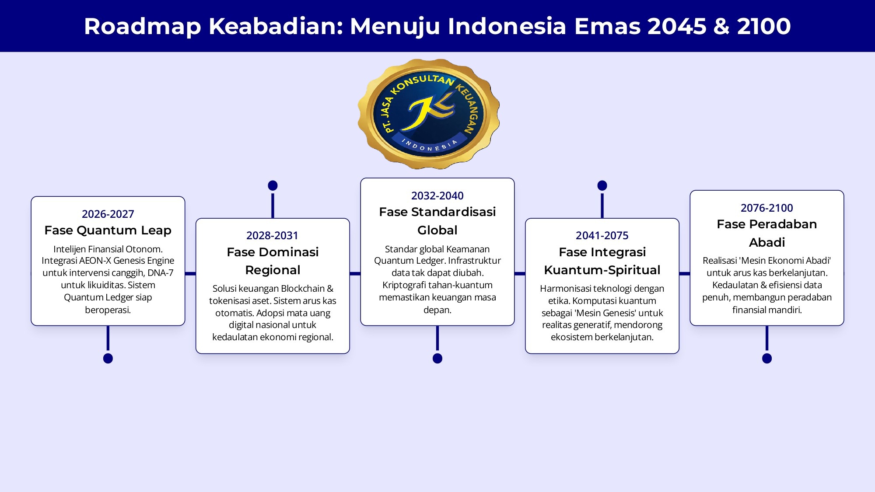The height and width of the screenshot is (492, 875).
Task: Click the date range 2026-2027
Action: coord(108,214)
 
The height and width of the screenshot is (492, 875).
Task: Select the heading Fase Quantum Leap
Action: coord(108,230)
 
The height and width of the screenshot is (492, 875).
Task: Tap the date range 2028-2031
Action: coord(272,236)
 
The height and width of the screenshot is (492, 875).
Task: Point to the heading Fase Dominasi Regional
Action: coord(273,261)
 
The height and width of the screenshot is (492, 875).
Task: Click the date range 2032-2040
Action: coord(437,195)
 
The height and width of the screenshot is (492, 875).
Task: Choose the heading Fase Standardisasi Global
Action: coord(437,221)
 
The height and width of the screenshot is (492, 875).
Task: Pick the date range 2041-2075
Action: coord(602,236)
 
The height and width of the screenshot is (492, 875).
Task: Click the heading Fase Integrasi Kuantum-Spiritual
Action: coord(602,261)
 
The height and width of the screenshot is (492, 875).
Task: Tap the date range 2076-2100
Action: coord(767,208)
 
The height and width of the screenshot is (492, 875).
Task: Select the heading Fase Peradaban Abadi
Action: coord(767,233)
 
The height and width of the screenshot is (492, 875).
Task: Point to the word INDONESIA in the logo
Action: coord(429,146)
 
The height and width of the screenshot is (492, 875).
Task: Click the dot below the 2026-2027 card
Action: coord(108,359)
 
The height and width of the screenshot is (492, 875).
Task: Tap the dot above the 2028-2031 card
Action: coord(273,185)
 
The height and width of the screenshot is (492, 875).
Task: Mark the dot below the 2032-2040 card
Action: coord(437,359)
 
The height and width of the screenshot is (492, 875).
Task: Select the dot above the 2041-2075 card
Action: coord(602,185)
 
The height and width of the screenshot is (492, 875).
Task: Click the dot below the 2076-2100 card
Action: coord(767,359)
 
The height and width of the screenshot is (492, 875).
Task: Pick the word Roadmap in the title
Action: coord(143,26)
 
